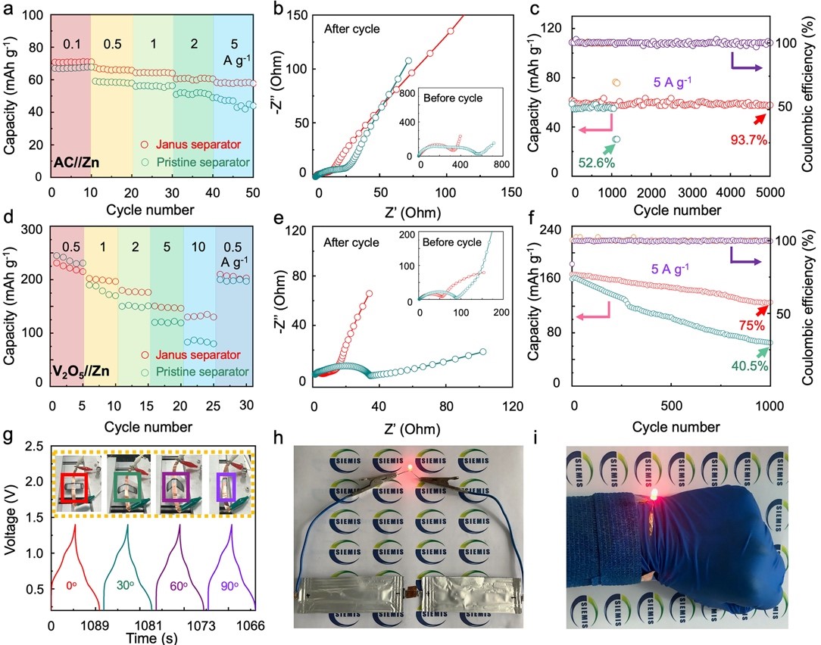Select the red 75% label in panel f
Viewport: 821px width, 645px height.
tap(751, 326)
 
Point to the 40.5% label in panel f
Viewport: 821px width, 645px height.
tap(752, 366)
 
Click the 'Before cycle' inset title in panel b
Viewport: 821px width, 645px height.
tap(453, 98)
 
